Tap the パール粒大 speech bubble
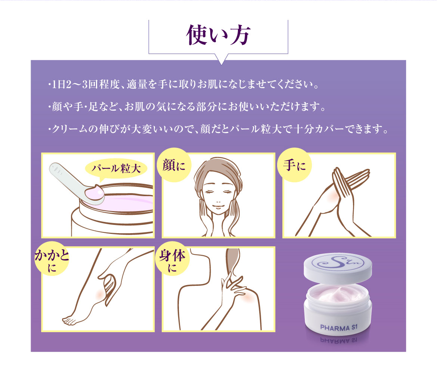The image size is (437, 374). (x=117, y=169)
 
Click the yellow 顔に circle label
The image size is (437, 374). (x=174, y=165)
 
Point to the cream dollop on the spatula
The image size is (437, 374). (x=95, y=193)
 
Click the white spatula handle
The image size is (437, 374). (x=63, y=176)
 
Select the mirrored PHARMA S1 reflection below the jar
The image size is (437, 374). (x=339, y=340)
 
